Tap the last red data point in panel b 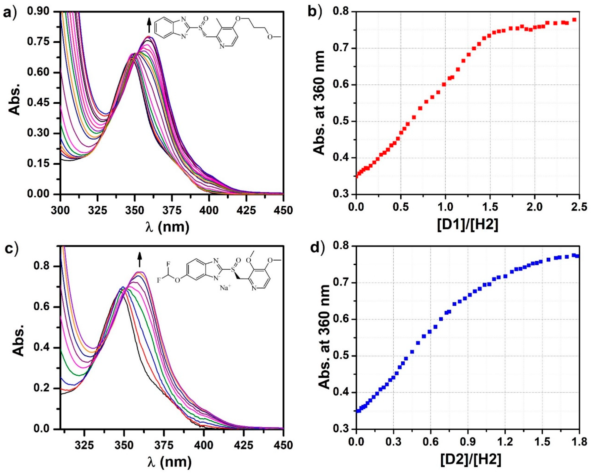point(574,20)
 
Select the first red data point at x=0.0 point(356,176)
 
